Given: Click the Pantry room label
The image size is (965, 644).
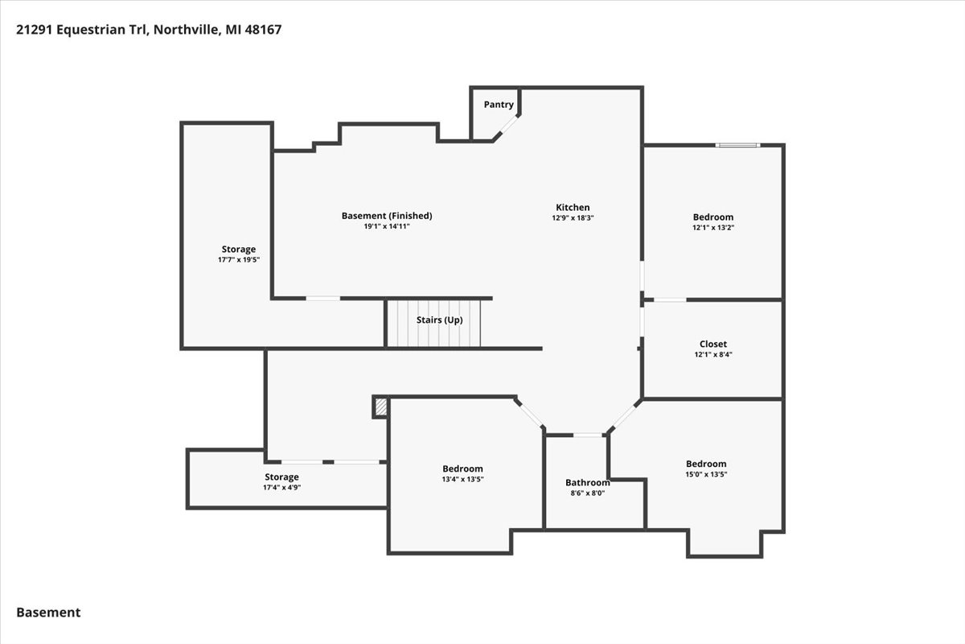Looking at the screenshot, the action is point(499,105).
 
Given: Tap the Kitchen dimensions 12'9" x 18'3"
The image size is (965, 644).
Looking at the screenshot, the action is point(573,218).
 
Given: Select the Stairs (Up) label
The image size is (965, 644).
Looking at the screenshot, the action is point(439,320).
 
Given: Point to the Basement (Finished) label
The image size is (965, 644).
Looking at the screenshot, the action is point(387,216).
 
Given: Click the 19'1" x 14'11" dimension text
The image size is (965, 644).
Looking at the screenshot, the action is point(387,226).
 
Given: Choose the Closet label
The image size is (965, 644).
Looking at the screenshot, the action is point(713,345).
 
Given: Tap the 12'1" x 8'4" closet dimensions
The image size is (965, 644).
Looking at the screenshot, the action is point(713,354).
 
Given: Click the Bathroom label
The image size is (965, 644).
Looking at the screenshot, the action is point(588,483).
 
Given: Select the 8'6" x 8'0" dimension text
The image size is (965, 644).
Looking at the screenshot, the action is point(588,493).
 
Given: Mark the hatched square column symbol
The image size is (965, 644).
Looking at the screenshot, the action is point(381,407).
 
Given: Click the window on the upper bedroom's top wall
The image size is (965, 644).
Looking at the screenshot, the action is point(738,146).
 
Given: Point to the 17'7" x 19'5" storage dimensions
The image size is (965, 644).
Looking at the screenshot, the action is point(239,260).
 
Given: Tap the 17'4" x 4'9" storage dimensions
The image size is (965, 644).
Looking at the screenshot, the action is point(281,487).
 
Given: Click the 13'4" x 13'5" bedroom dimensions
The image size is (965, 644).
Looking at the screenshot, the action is point(462,479).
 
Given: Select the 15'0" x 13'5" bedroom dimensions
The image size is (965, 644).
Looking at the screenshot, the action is point(706,474).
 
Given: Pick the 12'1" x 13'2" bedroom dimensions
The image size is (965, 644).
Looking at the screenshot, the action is point(713,228).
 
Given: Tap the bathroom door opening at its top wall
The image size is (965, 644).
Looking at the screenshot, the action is point(588,436).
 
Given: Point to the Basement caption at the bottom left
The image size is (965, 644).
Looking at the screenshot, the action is point(48,613).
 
